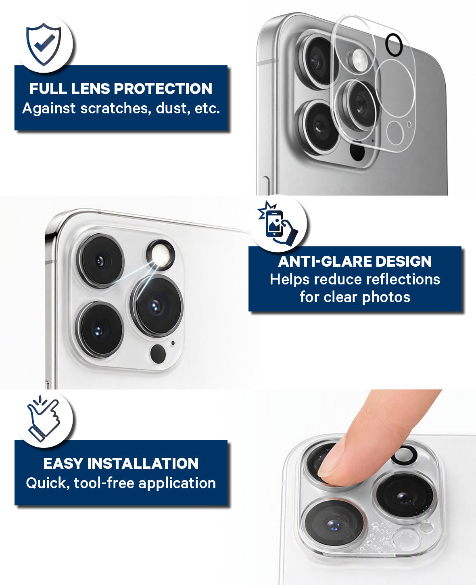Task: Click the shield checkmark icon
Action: (x=44, y=44)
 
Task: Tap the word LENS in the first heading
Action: (x=90, y=89)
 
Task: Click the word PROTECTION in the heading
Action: (x=163, y=89)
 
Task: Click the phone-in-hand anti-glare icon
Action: (x=278, y=223)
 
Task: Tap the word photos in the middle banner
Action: (x=386, y=298)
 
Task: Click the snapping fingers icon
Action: (x=44, y=419)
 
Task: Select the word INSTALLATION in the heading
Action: (x=143, y=464)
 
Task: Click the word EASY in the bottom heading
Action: (x=63, y=464)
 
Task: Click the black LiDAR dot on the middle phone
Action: (x=158, y=353)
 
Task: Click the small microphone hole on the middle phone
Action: (x=173, y=343)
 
